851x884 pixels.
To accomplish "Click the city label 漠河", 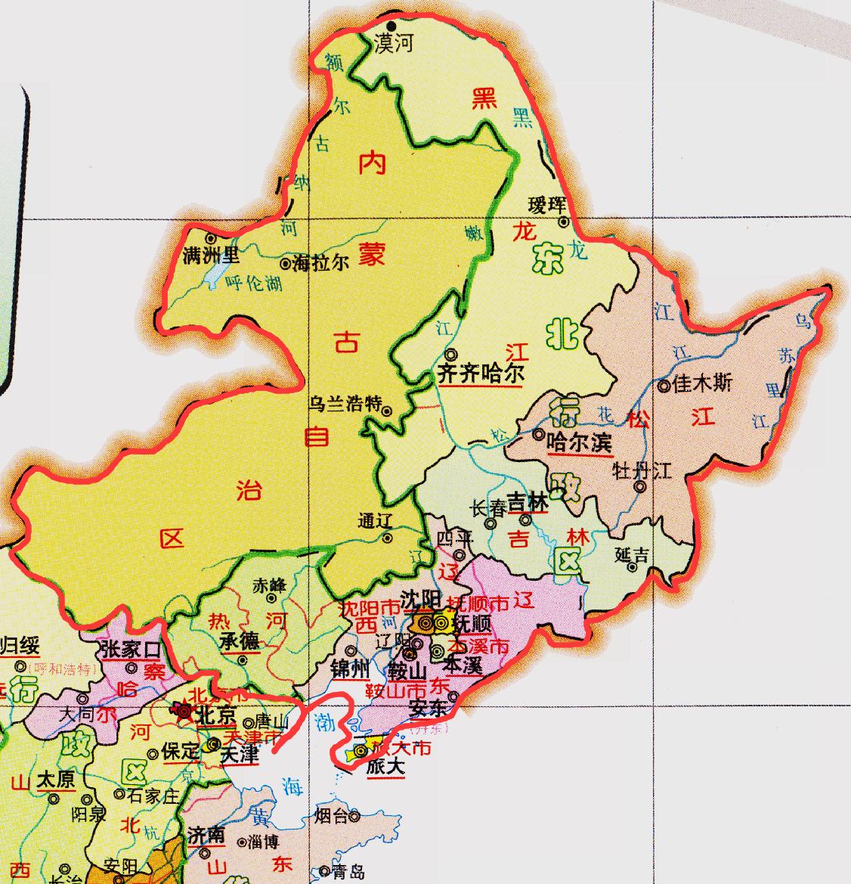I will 395,44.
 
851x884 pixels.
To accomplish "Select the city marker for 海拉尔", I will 285,264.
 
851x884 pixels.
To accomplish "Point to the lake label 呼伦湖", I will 254,283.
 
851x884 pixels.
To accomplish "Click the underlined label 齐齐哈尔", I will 481,374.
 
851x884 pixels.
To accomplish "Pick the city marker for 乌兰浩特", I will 387,411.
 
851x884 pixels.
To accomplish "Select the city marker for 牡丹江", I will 640,487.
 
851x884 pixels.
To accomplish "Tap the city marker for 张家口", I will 132,668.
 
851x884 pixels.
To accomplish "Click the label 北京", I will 215,715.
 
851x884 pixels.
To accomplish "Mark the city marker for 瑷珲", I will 564,222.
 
